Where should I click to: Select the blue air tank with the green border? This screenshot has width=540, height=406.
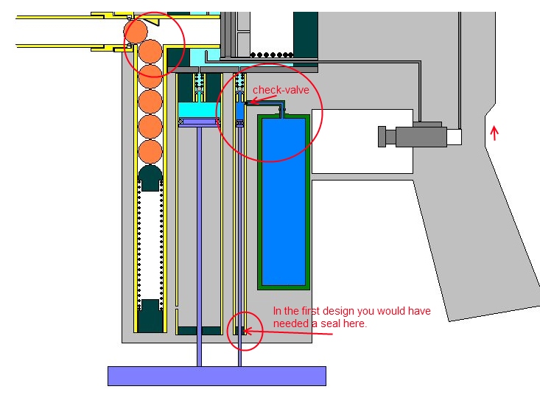tap(284, 200)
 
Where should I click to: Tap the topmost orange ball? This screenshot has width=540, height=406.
tap(137, 31)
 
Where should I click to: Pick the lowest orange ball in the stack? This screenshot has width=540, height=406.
tap(150, 152)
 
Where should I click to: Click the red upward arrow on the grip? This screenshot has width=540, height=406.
tap(494, 133)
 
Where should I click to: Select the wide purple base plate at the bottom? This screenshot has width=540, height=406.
tap(217, 375)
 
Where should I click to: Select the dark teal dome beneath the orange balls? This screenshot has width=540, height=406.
tap(150, 178)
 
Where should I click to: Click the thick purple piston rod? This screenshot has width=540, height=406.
tap(199, 243)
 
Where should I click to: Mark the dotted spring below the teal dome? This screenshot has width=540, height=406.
tap(150, 243)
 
